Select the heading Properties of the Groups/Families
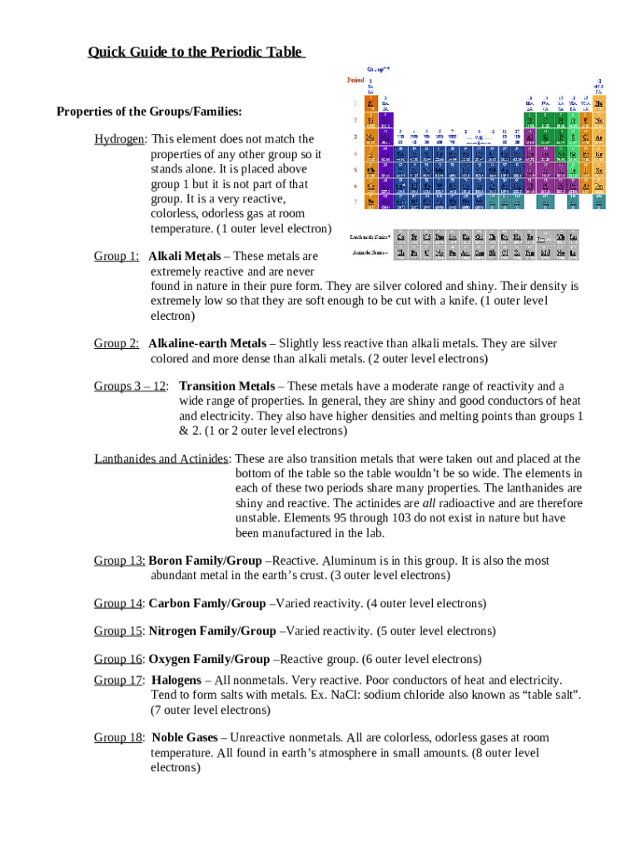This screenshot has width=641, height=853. coord(149,112)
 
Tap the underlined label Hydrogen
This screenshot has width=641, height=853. coord(121,139)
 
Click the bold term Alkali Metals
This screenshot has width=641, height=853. coord(185,257)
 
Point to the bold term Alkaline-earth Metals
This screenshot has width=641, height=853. coord(207,343)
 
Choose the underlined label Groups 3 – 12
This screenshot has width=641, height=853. coord(130,387)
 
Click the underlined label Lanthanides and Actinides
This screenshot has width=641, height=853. coord(161,459)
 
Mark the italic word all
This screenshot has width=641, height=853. coord(429,504)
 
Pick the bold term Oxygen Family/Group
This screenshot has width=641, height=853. coord(209,659)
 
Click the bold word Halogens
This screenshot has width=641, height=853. coord(176,681)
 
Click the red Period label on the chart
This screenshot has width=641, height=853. coord(355,80)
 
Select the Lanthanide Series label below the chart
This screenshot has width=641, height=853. coord(370,237)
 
